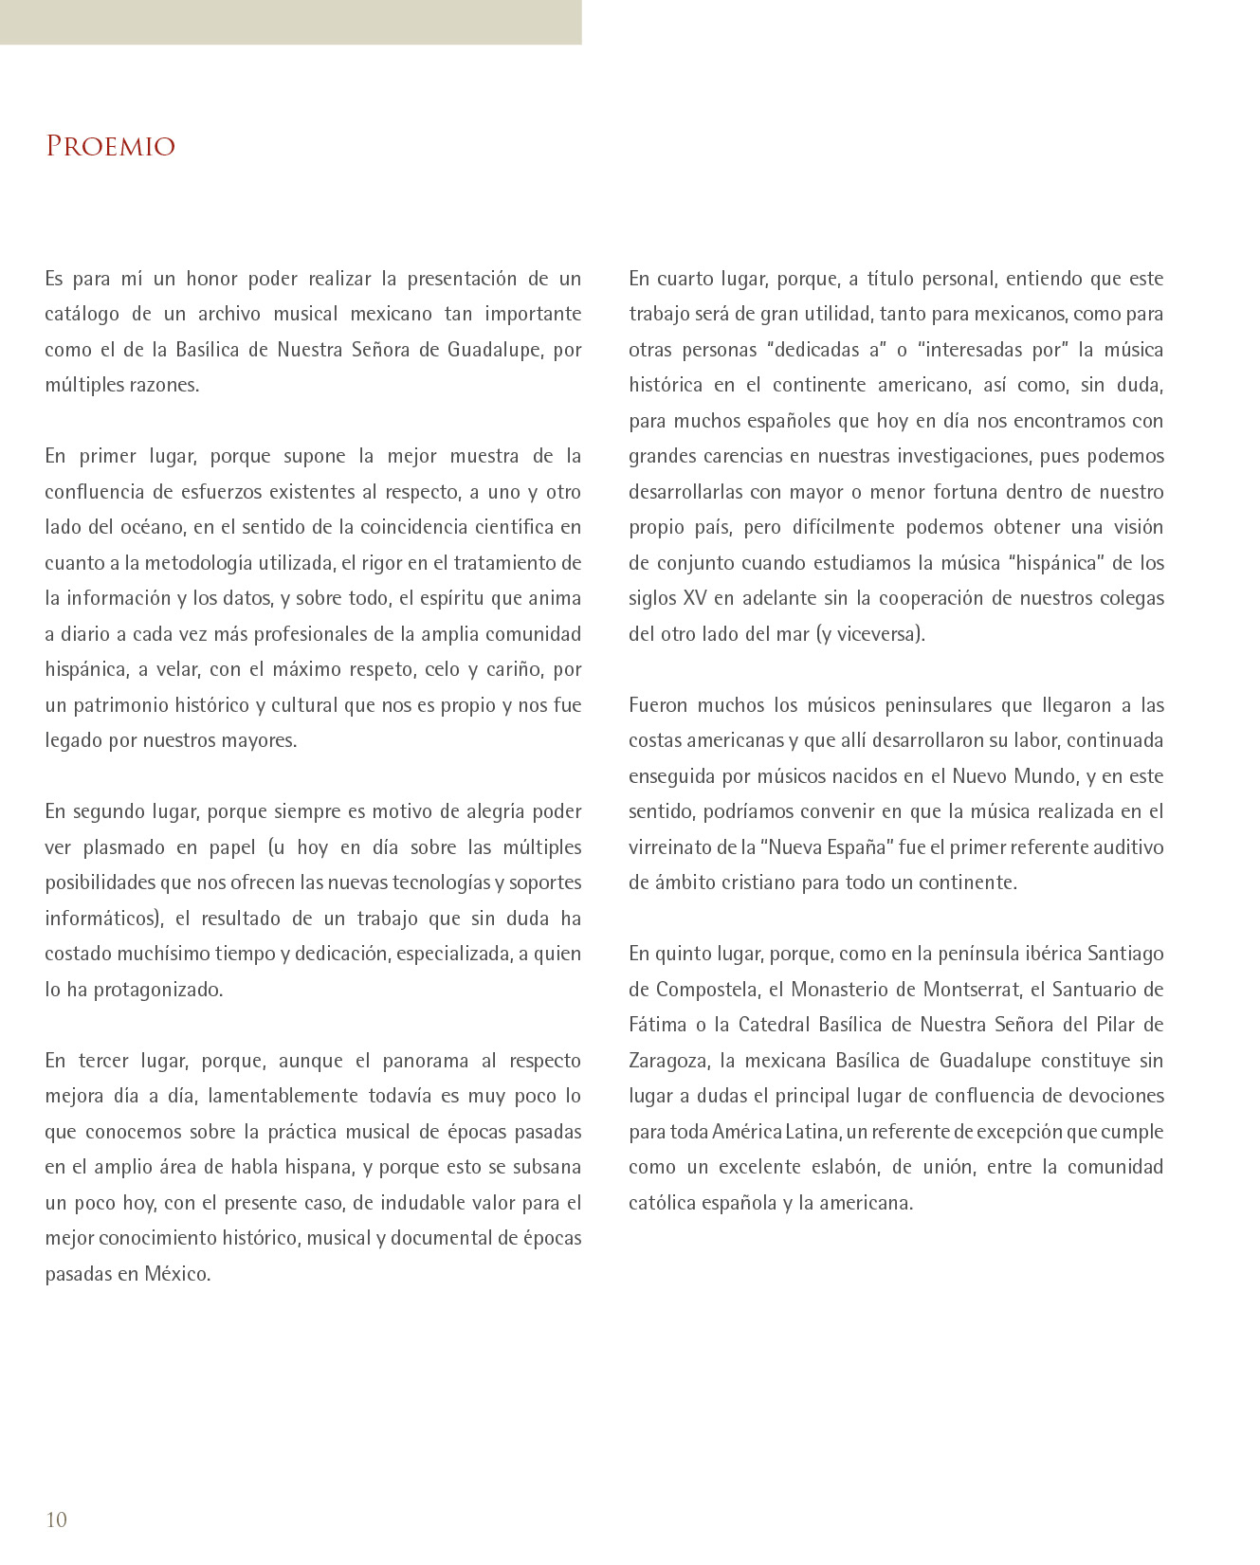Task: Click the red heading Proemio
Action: tap(111, 146)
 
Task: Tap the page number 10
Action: tap(57, 1520)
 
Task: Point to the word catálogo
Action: tap(82, 315)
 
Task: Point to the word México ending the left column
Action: tap(177, 1274)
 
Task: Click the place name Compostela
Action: tap(706, 990)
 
